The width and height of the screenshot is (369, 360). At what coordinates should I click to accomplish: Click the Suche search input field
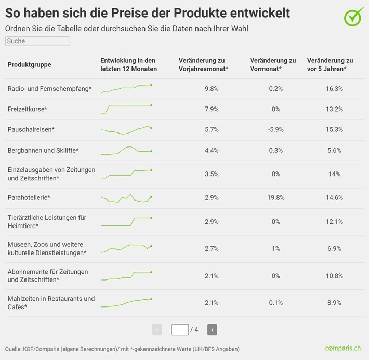point(37,41)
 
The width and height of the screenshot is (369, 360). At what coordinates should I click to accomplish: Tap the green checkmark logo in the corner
point(354,16)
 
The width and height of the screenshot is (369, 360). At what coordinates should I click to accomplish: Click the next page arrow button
point(212,329)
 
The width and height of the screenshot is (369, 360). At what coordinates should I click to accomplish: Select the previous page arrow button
point(157,329)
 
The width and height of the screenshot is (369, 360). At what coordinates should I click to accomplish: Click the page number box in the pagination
point(180,329)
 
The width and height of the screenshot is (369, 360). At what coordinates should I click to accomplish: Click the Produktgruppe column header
point(29,65)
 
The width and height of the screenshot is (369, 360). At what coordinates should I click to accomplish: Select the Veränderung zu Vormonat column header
point(273,65)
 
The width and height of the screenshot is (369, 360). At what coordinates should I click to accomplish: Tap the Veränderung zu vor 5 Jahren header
point(330,65)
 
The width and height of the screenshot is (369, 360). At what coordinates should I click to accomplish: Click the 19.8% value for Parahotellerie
point(275,198)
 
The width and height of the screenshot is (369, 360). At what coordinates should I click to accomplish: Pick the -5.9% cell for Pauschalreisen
point(275,129)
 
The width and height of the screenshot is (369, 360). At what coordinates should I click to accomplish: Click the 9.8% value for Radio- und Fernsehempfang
point(212,89)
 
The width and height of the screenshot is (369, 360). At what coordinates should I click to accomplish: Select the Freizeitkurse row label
point(27,109)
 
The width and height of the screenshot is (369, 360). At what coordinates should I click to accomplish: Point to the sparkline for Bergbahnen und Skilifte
point(126,151)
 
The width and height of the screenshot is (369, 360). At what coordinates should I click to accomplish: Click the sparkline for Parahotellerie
point(126,198)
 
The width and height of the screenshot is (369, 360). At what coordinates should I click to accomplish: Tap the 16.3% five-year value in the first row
point(334,89)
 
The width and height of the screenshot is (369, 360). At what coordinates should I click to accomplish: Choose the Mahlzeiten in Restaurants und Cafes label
point(51,302)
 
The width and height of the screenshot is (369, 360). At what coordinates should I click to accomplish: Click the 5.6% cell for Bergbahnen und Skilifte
point(334,151)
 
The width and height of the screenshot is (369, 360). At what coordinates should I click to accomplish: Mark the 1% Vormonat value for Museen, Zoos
point(275,249)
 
